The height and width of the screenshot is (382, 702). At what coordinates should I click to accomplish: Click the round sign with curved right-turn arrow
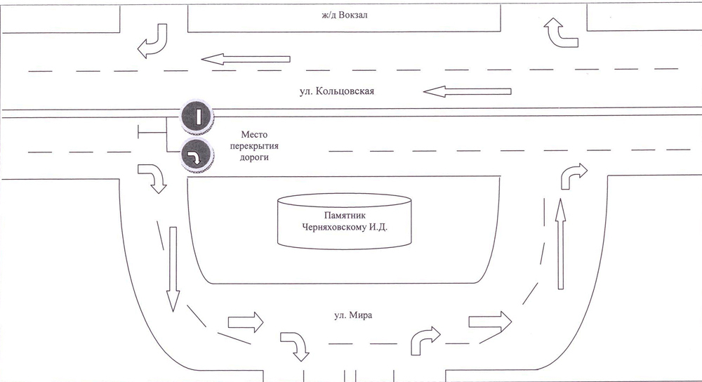pyautogui.click(x=197, y=157)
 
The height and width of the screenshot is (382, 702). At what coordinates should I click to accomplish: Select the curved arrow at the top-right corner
pyautogui.click(x=563, y=34)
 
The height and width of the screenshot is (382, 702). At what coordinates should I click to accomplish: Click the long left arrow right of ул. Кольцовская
pyautogui.click(x=467, y=91)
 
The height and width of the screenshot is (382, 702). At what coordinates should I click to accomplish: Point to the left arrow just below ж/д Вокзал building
pyautogui.click(x=246, y=59)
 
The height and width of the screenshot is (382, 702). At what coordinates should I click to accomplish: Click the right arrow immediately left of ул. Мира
pyautogui.click(x=246, y=323)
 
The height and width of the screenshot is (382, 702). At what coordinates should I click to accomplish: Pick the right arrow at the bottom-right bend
pyautogui.click(x=489, y=321)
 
